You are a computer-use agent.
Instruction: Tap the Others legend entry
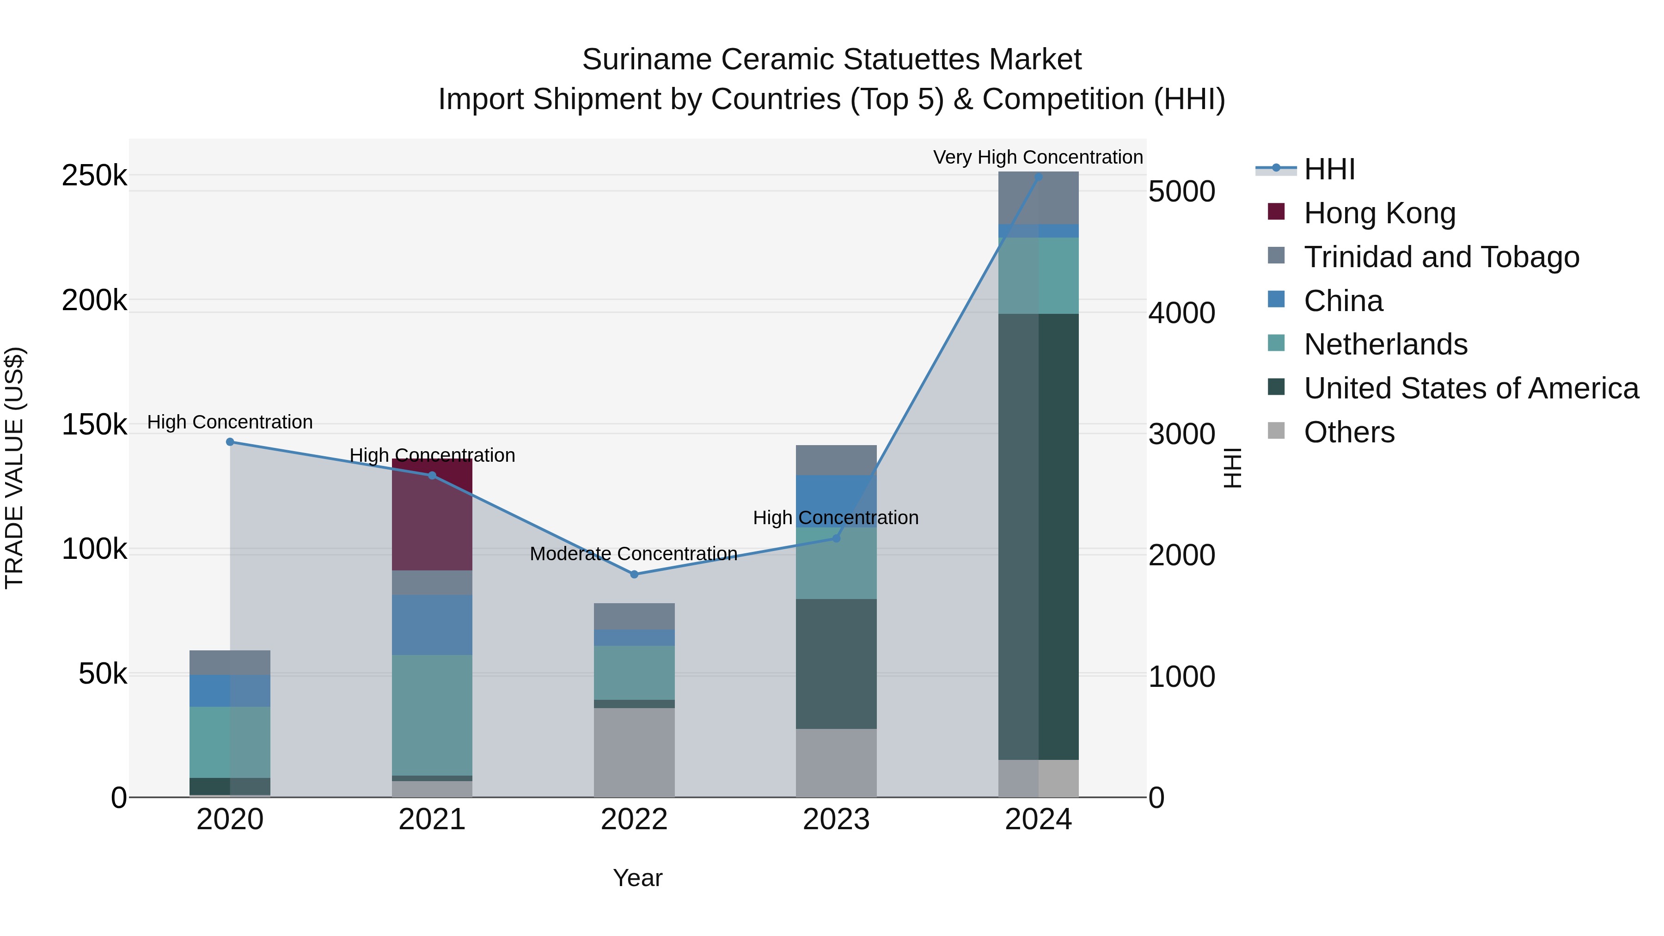(x=1349, y=432)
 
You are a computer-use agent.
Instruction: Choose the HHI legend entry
(x=1329, y=169)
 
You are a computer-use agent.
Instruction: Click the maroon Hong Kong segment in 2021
(x=432, y=517)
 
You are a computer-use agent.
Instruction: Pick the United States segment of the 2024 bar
(x=1038, y=536)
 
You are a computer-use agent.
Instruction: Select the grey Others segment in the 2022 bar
(x=634, y=752)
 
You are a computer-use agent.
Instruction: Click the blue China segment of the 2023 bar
(x=836, y=501)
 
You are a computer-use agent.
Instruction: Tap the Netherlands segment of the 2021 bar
(x=432, y=715)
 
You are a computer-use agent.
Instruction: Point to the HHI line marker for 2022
(x=634, y=574)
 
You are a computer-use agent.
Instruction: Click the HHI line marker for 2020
(x=230, y=442)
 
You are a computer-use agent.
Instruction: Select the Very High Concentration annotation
(x=1037, y=157)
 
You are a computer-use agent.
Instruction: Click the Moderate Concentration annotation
(x=633, y=554)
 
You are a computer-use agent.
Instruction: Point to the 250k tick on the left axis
(x=94, y=176)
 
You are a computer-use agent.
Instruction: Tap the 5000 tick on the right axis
(x=1181, y=192)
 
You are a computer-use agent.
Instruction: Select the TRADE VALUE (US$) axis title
(x=14, y=468)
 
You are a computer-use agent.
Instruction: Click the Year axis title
(x=637, y=878)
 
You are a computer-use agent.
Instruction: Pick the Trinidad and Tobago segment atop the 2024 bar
(x=1038, y=198)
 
